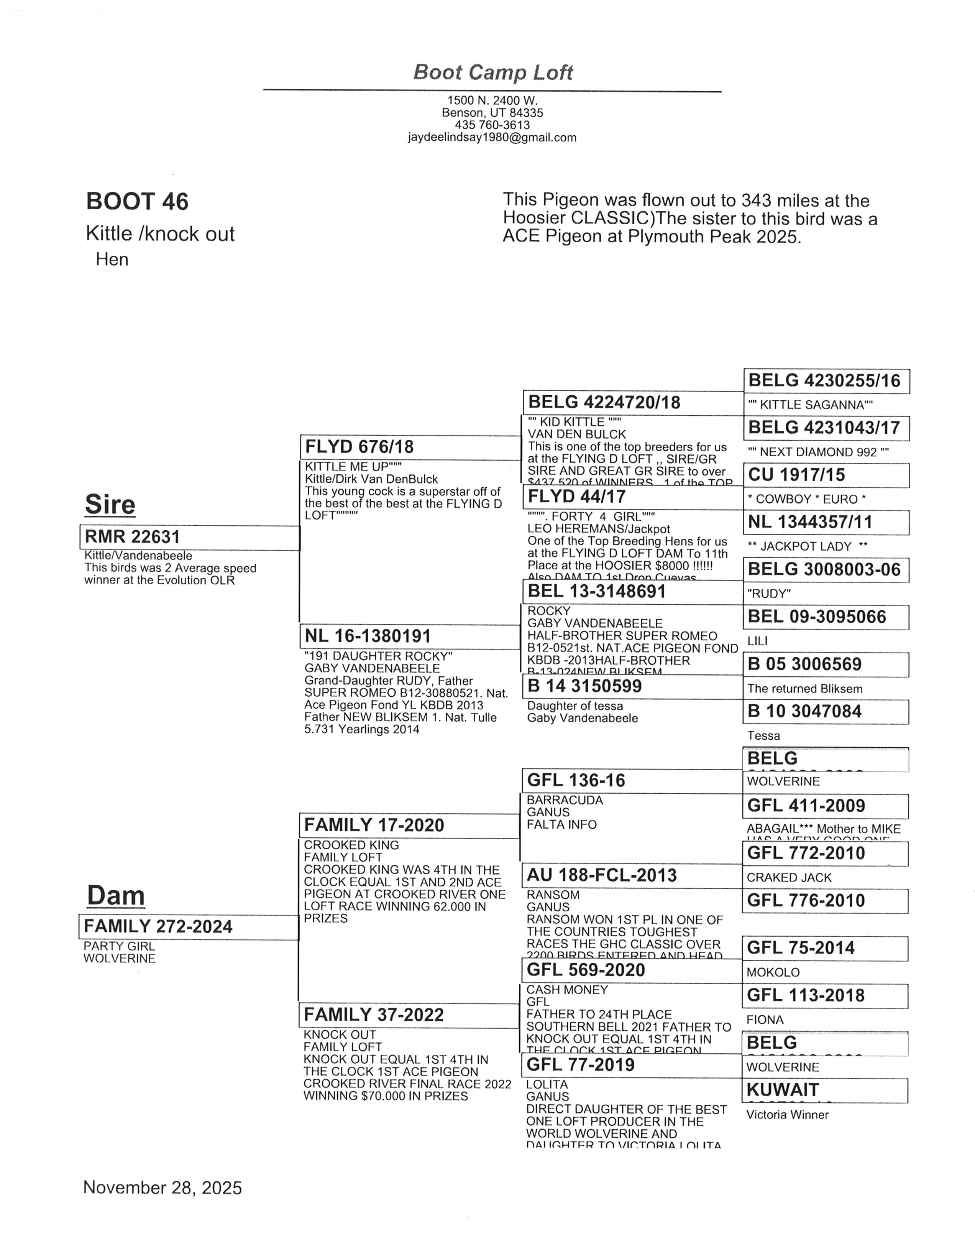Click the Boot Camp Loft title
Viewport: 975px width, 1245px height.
(x=492, y=72)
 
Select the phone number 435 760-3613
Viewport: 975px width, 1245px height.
(x=492, y=125)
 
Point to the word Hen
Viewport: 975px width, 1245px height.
(x=112, y=260)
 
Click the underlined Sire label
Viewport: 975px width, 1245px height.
(x=110, y=504)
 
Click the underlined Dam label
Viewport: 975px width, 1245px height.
(x=115, y=895)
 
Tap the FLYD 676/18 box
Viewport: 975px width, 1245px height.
(x=410, y=447)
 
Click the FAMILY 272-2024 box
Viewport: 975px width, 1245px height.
(x=189, y=926)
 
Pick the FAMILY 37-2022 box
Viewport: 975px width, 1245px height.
(x=409, y=1015)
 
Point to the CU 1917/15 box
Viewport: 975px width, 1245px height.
(x=826, y=475)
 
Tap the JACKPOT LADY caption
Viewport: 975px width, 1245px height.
(x=807, y=546)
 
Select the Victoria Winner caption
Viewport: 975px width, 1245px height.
(x=787, y=1114)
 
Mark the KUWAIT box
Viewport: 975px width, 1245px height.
(x=826, y=1090)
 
